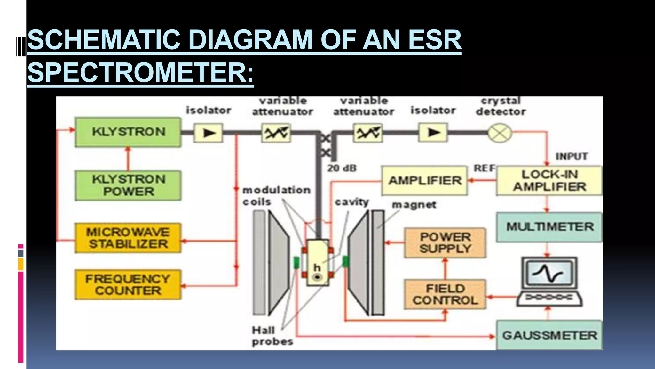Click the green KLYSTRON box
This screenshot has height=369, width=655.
pyautogui.click(x=128, y=132)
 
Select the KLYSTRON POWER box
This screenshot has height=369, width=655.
pyautogui.click(x=128, y=185)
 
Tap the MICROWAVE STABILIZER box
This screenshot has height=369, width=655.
pyautogui.click(x=128, y=238)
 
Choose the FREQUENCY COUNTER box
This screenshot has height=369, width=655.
pyautogui.click(x=128, y=285)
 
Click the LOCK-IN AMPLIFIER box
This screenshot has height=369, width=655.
pyautogui.click(x=549, y=181)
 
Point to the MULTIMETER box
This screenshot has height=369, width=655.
pyautogui.click(x=549, y=227)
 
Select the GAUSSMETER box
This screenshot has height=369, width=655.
pyautogui.click(x=549, y=335)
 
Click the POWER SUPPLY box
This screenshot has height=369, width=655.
pyautogui.click(x=445, y=243)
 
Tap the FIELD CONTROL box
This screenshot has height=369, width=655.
pyautogui.click(x=445, y=294)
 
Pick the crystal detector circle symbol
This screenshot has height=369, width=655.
pyautogui.click(x=500, y=133)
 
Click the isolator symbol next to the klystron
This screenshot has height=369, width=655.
pyautogui.click(x=209, y=133)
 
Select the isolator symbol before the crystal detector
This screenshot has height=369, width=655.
pyautogui.click(x=433, y=132)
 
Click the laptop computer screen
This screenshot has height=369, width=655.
pyautogui.click(x=549, y=274)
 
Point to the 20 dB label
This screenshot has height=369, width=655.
pyautogui.click(x=342, y=168)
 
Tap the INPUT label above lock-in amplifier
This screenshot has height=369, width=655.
pyautogui.click(x=572, y=156)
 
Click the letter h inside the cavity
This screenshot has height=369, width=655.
pyautogui.click(x=317, y=267)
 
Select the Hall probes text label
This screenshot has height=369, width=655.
pyautogui.click(x=272, y=336)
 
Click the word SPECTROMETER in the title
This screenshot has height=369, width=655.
pyautogui.click(x=140, y=72)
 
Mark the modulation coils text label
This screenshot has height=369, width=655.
pyautogui.click(x=276, y=196)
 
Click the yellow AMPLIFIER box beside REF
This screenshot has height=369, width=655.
pyautogui.click(x=425, y=181)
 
